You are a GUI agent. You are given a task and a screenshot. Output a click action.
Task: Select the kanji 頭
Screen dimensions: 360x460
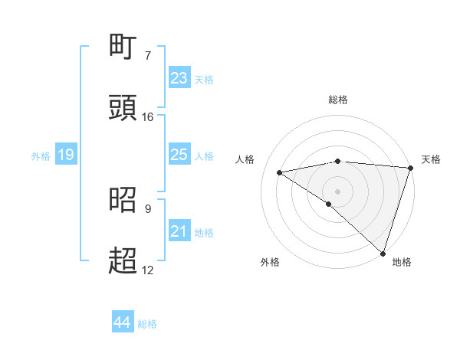(x=123, y=108)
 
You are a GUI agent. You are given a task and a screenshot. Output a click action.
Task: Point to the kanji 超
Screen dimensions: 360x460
(x=123, y=261)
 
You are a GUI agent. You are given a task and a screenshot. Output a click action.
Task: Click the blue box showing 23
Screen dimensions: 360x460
(x=179, y=78)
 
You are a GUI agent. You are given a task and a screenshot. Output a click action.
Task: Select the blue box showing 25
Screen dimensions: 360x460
(x=179, y=155)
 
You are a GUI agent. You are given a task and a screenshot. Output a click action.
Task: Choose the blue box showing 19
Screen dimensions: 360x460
(x=66, y=155)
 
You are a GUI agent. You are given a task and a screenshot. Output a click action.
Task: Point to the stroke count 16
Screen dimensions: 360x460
(x=148, y=117)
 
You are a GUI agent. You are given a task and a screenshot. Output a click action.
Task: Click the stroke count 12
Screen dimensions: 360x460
(x=148, y=270)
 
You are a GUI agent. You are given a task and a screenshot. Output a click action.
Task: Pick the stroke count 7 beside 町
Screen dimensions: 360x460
(x=148, y=56)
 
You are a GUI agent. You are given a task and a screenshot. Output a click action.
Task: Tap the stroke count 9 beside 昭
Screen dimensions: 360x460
(x=148, y=208)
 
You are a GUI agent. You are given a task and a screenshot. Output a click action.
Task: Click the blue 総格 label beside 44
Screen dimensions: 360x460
(x=147, y=324)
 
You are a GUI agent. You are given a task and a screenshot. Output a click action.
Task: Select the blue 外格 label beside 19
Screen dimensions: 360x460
(x=41, y=156)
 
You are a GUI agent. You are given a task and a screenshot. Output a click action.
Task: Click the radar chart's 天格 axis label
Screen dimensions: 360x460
(x=431, y=159)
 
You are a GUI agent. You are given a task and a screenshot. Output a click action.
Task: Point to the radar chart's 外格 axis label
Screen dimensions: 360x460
(x=270, y=262)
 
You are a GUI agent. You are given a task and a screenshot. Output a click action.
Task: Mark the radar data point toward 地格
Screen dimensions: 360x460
(x=383, y=253)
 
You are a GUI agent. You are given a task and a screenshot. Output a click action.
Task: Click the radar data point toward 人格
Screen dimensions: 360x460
(x=280, y=172)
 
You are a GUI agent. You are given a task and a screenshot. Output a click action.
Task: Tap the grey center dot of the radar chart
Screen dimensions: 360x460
(x=337, y=191)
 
